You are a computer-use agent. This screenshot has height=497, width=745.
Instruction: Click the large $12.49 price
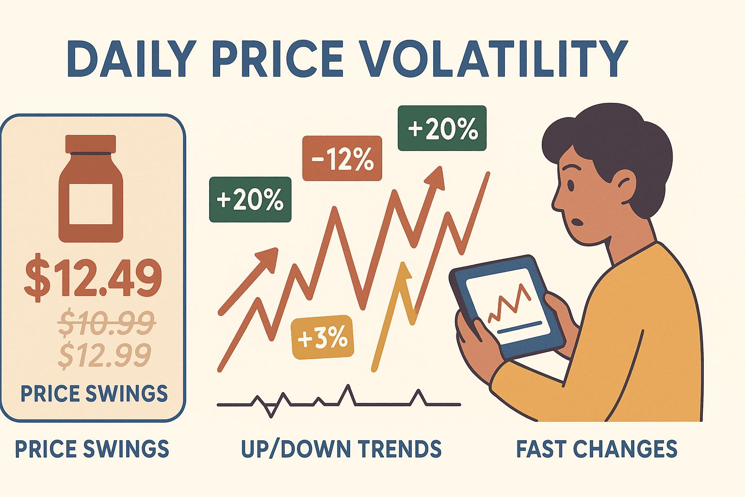[93, 278]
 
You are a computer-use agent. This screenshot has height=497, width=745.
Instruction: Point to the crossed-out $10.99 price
[106, 323]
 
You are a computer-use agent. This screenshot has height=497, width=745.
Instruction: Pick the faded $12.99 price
[105, 355]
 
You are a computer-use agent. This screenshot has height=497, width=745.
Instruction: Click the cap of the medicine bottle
[91, 144]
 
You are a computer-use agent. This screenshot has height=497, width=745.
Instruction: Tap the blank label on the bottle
[91, 203]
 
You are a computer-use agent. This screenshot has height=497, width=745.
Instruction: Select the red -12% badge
[342, 159]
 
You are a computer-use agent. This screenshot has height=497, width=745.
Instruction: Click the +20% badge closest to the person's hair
[442, 128]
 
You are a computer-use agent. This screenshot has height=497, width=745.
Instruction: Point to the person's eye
[570, 186]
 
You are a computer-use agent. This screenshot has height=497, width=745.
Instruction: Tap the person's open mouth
[578, 222]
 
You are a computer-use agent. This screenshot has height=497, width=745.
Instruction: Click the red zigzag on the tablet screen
[509, 303]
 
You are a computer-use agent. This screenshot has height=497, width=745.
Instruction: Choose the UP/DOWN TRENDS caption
[341, 449]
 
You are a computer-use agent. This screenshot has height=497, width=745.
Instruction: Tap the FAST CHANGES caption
[597, 449]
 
